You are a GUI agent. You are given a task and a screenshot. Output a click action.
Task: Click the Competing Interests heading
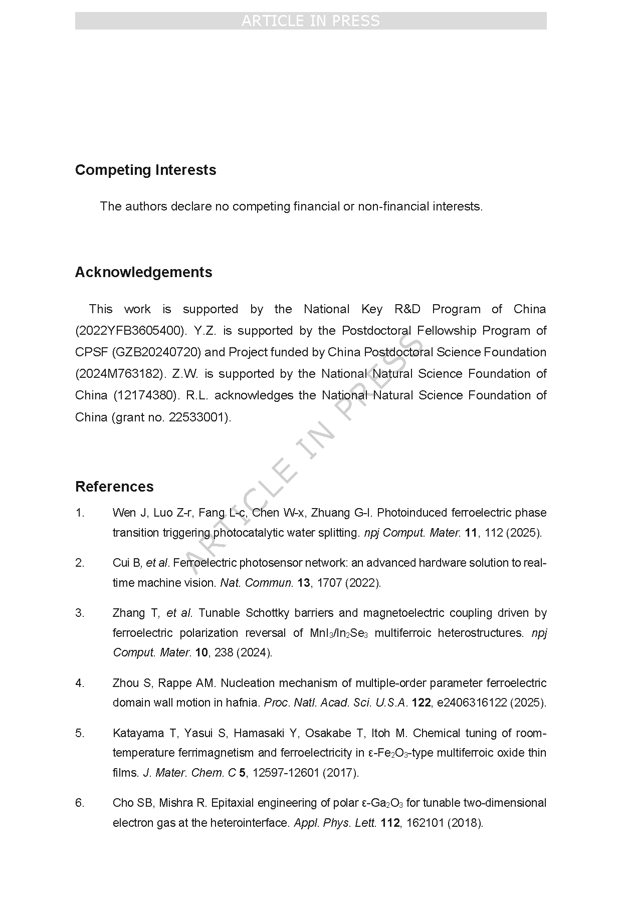145,170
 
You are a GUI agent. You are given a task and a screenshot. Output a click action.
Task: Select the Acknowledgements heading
143,272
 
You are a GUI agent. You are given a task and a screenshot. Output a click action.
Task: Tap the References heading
114,487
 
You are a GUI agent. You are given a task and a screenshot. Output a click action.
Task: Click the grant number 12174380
145,395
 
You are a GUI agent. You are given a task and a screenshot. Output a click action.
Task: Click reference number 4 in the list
80,683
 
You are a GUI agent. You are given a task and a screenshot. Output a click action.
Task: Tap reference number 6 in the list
80,803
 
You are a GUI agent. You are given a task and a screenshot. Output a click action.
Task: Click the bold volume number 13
304,583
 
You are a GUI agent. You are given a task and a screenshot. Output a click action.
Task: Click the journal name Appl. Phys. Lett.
335,823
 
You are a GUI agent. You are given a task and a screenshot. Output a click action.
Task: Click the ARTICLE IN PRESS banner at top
311,21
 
